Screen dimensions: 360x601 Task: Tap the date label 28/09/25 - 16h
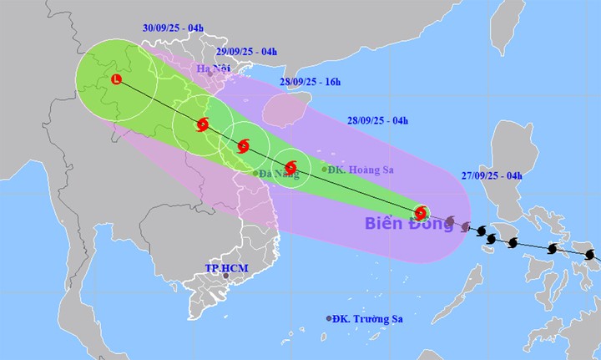(309, 81)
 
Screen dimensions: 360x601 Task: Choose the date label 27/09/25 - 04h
(491, 175)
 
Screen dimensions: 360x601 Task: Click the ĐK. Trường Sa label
(370, 318)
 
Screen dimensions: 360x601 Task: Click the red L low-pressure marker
(115, 80)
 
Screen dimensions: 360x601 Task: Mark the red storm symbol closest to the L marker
(202, 126)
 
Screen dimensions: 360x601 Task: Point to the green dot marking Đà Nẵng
(255, 173)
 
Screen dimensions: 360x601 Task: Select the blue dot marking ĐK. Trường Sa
(328, 318)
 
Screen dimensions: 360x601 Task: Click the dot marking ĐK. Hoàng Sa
(325, 170)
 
